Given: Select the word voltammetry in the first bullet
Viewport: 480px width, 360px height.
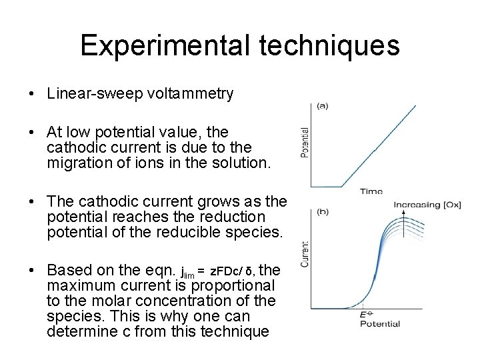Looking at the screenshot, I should (187, 93).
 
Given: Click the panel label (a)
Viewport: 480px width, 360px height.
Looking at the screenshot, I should (322, 105).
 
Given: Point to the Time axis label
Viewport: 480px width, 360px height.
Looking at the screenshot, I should (371, 191).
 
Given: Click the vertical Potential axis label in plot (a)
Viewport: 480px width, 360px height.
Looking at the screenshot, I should (305, 143).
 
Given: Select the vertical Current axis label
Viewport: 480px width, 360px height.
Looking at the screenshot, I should (305, 255).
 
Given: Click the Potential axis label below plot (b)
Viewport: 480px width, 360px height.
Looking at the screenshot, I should (380, 324).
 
